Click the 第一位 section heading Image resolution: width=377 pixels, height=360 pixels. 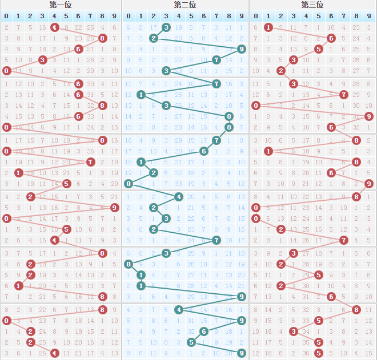point(61,5)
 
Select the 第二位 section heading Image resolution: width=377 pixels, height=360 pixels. point(185,5)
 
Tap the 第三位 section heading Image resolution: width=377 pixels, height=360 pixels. point(312,5)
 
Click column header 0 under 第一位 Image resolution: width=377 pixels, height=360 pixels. point(7,16)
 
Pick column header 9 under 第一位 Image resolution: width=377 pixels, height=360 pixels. point(114,16)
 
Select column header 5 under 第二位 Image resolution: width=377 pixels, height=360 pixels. point(191,16)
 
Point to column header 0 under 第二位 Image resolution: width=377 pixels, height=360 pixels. point(129,16)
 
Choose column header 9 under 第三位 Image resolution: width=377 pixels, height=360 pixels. point(368,16)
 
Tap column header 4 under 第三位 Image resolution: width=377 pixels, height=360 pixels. point(306,16)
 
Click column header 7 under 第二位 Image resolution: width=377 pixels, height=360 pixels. point(216,16)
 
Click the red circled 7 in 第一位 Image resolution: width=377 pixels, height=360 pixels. point(90,162)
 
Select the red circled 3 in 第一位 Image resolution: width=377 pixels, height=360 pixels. point(42,60)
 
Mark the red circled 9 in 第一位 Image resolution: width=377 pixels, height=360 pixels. point(114,208)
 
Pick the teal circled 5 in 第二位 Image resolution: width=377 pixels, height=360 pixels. point(191,342)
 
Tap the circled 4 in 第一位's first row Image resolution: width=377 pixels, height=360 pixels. point(54,27)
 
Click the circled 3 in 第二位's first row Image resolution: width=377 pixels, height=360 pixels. point(166,27)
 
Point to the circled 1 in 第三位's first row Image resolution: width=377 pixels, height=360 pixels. point(268,27)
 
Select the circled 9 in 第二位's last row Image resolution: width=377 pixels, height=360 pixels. point(241,353)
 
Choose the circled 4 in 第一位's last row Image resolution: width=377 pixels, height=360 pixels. point(54,353)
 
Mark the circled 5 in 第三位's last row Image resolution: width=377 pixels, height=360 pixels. point(318,353)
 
